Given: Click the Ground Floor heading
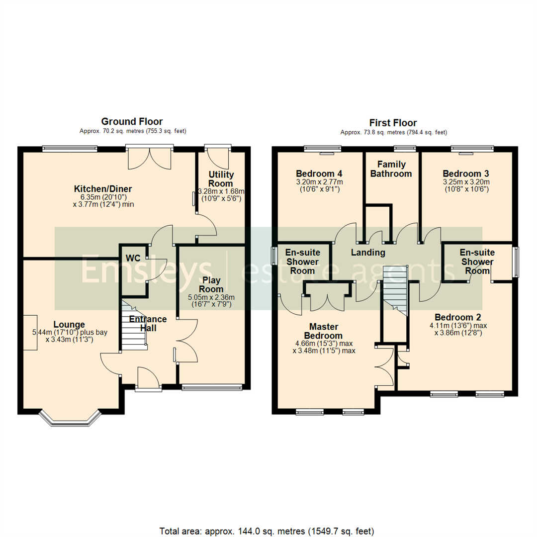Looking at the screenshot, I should click(x=132, y=121).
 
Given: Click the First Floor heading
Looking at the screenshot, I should click(x=393, y=123).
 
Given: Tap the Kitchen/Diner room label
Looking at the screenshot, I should click(x=102, y=189).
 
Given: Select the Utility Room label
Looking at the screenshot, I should click(x=221, y=179).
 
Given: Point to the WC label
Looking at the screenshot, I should click(x=133, y=259).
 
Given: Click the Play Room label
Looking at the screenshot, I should click(x=211, y=284).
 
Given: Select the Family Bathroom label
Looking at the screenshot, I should click(x=391, y=169).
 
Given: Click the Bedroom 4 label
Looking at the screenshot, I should click(x=319, y=174).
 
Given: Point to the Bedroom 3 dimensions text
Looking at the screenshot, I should click(x=466, y=185).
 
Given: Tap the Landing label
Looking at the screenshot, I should click(x=368, y=253).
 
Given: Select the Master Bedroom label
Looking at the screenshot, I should click(x=324, y=331).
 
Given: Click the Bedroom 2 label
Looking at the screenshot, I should click(x=457, y=317).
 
